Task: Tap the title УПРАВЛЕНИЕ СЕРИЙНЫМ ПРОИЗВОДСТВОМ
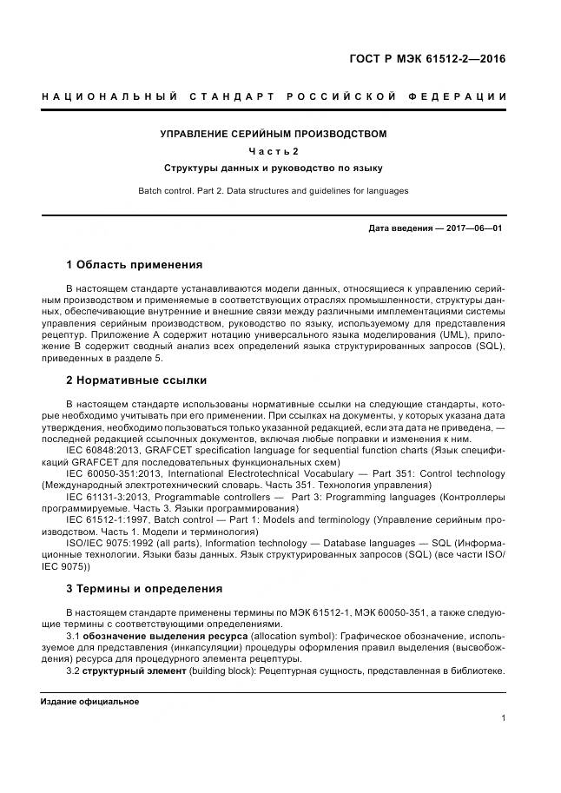pyautogui.click(x=274, y=134)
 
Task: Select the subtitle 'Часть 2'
pyautogui.click(x=274, y=151)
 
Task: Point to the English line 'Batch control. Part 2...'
pyautogui.click(x=274, y=190)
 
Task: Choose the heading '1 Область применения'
pyautogui.click(x=134, y=264)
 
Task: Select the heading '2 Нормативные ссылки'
pyautogui.click(x=135, y=380)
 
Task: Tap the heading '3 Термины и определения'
pyautogui.click(x=144, y=588)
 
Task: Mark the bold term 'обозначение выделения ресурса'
pyautogui.click(x=165, y=637)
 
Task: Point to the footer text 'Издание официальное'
pyautogui.click(x=89, y=701)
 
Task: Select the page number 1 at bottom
pyautogui.click(x=504, y=718)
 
